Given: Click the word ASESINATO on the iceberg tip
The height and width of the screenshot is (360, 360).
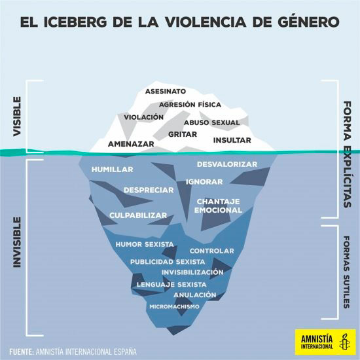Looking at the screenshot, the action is click(x=166, y=92).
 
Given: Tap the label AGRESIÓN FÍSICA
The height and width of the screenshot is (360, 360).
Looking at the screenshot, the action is click(x=190, y=105).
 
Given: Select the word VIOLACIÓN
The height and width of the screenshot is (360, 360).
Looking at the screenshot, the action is click(x=144, y=117).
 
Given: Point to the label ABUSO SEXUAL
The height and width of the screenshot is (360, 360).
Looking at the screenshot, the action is click(x=212, y=122).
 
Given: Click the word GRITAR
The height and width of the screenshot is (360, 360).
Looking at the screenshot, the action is click(x=183, y=134).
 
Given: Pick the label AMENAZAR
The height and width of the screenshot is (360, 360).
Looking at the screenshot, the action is click(x=131, y=144).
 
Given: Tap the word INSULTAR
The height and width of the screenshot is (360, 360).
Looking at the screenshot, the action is click(x=232, y=140).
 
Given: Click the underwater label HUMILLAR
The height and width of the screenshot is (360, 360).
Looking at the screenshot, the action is click(x=113, y=170).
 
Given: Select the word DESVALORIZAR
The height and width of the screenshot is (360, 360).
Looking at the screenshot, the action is click(x=227, y=164).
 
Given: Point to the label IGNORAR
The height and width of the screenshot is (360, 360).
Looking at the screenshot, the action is click(x=204, y=182).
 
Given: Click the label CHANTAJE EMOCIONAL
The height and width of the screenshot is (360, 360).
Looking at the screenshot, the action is click(x=218, y=206).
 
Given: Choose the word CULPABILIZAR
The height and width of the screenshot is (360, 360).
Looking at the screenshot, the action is click(x=138, y=215).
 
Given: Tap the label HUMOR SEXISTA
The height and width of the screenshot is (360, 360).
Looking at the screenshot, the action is click(x=145, y=244).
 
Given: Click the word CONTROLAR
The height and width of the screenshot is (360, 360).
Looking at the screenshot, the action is click(x=211, y=251).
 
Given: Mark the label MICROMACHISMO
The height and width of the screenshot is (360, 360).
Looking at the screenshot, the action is click(x=175, y=306).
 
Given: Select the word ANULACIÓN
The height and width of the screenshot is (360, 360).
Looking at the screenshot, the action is click(x=195, y=295).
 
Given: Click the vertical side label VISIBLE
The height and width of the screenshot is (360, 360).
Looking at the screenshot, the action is click(x=17, y=117).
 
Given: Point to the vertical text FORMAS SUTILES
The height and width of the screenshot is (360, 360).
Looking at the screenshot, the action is click(x=347, y=272).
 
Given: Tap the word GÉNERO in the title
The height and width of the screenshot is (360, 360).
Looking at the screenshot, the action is click(x=308, y=22).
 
